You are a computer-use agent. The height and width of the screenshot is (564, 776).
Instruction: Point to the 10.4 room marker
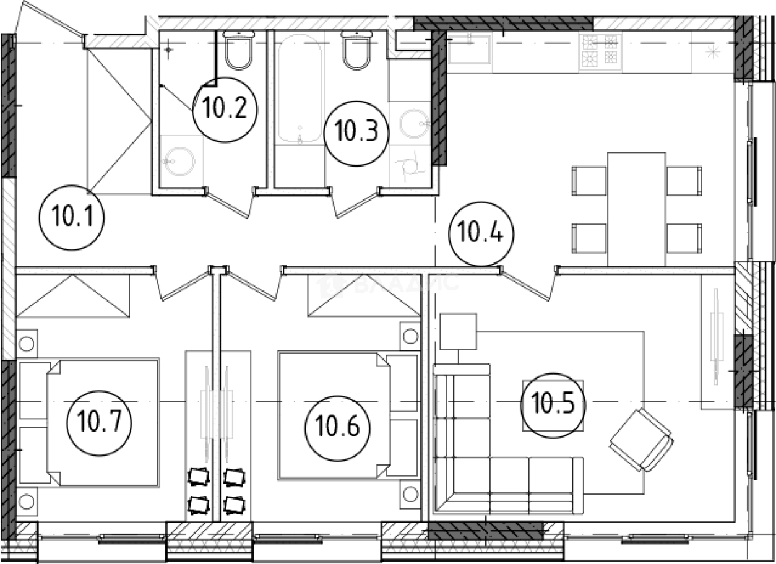(x=480, y=235)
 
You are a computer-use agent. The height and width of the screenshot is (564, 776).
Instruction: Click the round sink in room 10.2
(x=179, y=161)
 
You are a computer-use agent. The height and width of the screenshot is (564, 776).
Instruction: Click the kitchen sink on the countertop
(x=469, y=50)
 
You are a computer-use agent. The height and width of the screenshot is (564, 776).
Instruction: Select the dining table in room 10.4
(x=637, y=208)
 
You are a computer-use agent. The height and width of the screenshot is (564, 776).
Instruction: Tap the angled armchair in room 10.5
(x=641, y=439)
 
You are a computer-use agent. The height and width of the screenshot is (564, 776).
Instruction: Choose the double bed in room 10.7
(x=90, y=421)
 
